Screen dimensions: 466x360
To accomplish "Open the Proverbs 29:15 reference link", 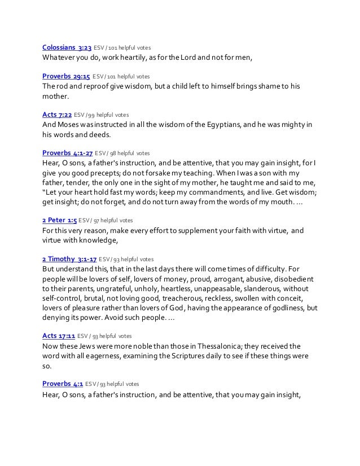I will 67,76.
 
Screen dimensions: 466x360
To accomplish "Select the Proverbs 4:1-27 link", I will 67,153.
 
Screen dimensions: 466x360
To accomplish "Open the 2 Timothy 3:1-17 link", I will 69,258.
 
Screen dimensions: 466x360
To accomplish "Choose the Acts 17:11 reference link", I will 59,336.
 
